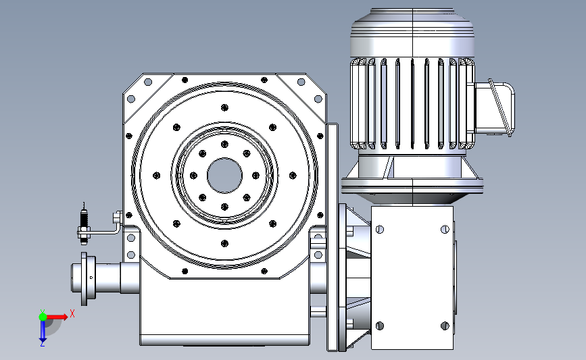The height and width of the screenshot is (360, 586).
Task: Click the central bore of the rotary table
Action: click(224, 176)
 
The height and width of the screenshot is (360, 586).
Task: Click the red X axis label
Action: click(72, 313)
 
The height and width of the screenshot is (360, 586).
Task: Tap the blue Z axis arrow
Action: click(43, 331)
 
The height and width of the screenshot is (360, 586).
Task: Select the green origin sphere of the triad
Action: click(43, 317)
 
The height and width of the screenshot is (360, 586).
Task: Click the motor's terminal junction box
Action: click(495, 108)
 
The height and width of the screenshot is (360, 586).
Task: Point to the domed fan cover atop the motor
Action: click(412, 33)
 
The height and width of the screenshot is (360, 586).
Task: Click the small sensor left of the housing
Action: click(84, 224)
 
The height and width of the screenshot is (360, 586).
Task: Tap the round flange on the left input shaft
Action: click(84, 278)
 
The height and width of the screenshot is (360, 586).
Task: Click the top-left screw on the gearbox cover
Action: click(380, 229)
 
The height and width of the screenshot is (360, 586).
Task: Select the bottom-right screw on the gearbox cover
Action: click(445, 326)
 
